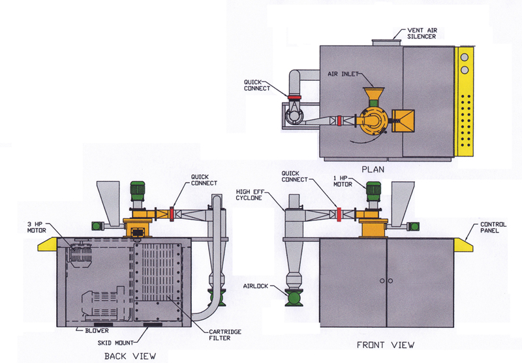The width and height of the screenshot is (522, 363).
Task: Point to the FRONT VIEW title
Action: [x=386, y=344]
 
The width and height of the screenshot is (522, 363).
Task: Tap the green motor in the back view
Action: [x=138, y=190]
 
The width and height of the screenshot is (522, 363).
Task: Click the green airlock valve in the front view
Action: [x=294, y=297]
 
